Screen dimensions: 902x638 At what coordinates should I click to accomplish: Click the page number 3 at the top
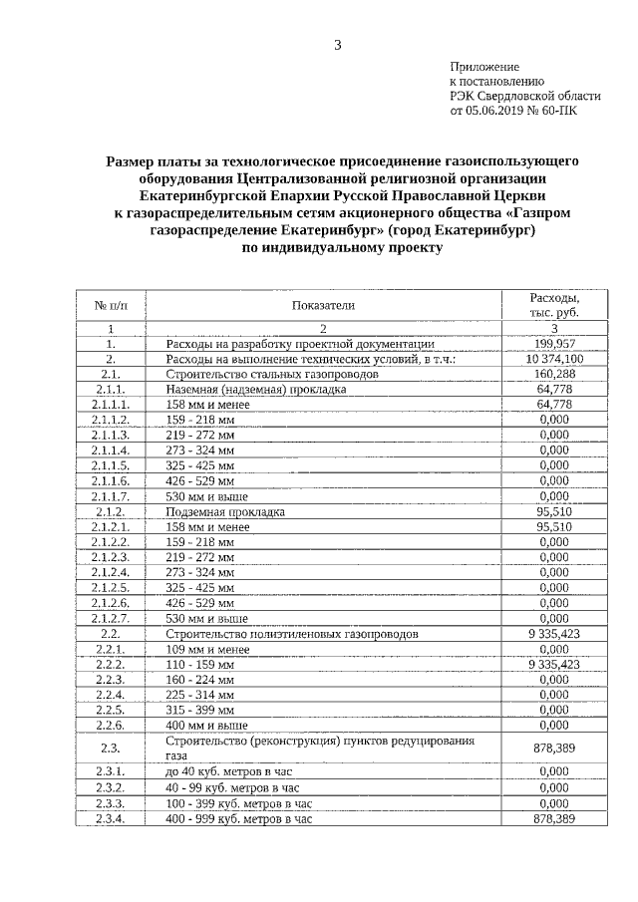click(338, 44)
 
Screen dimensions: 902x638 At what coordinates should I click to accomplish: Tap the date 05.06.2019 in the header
click(498, 111)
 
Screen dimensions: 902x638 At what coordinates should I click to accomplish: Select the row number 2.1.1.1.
click(111, 405)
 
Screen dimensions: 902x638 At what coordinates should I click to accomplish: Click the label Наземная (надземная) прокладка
click(256, 390)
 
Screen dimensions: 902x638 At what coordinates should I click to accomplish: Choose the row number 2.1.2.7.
click(111, 618)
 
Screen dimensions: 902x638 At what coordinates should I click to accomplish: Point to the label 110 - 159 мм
click(200, 664)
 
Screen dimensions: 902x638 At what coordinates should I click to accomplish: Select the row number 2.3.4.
click(111, 818)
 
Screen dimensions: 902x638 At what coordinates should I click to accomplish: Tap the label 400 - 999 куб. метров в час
click(239, 818)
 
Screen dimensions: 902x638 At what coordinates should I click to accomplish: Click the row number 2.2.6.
click(111, 725)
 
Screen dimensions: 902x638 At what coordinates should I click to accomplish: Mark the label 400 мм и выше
click(206, 725)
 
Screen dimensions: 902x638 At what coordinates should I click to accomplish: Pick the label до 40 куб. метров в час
click(231, 771)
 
